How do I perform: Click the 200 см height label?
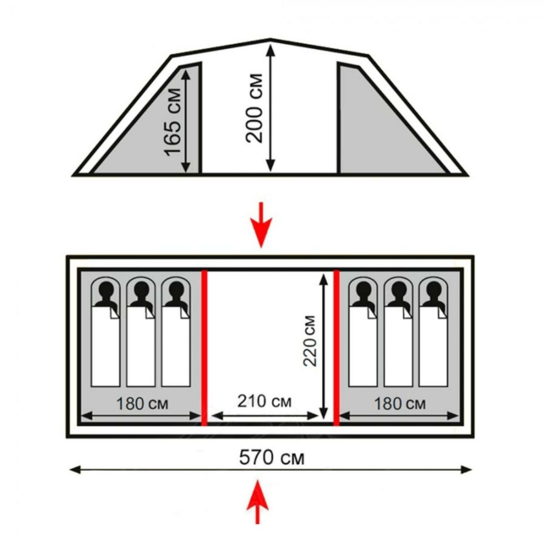pos(254,108)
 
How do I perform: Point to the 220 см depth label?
pos(310,341)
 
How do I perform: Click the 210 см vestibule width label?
pos(265,401)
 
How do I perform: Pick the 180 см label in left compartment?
pos(142,404)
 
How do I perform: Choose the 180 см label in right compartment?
pos(400,404)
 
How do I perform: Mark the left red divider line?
pos(204,348)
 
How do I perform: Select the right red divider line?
pos(336,348)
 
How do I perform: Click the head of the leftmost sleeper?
pos(106,289)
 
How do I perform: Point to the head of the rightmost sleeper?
pos(433,289)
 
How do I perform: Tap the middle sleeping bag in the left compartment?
pos(141,346)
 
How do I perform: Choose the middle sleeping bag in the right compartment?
pos(398,346)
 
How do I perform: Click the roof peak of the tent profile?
pos(270,39)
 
